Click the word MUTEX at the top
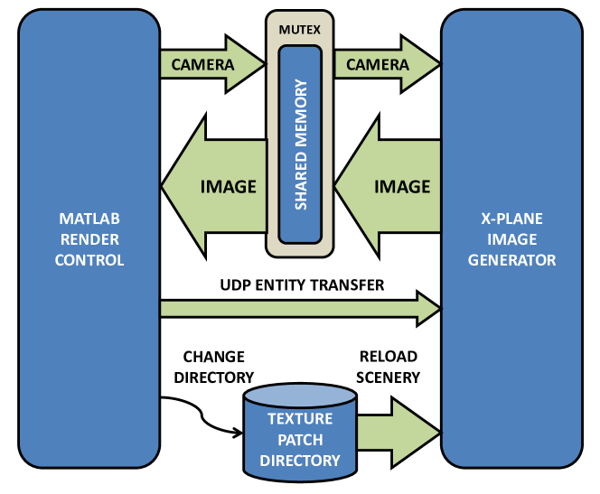(x=300, y=30)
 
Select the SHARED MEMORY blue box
(x=300, y=144)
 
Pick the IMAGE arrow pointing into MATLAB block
(x=213, y=187)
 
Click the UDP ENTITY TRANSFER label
(x=302, y=285)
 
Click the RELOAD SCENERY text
(x=388, y=367)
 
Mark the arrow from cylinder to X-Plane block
(x=398, y=425)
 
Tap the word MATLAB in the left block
(x=89, y=219)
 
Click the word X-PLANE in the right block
(x=511, y=219)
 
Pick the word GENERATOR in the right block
(x=511, y=260)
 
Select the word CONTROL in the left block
(x=89, y=260)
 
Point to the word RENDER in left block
(x=89, y=240)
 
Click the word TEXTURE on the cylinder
(x=300, y=419)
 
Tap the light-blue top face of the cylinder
(x=300, y=396)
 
